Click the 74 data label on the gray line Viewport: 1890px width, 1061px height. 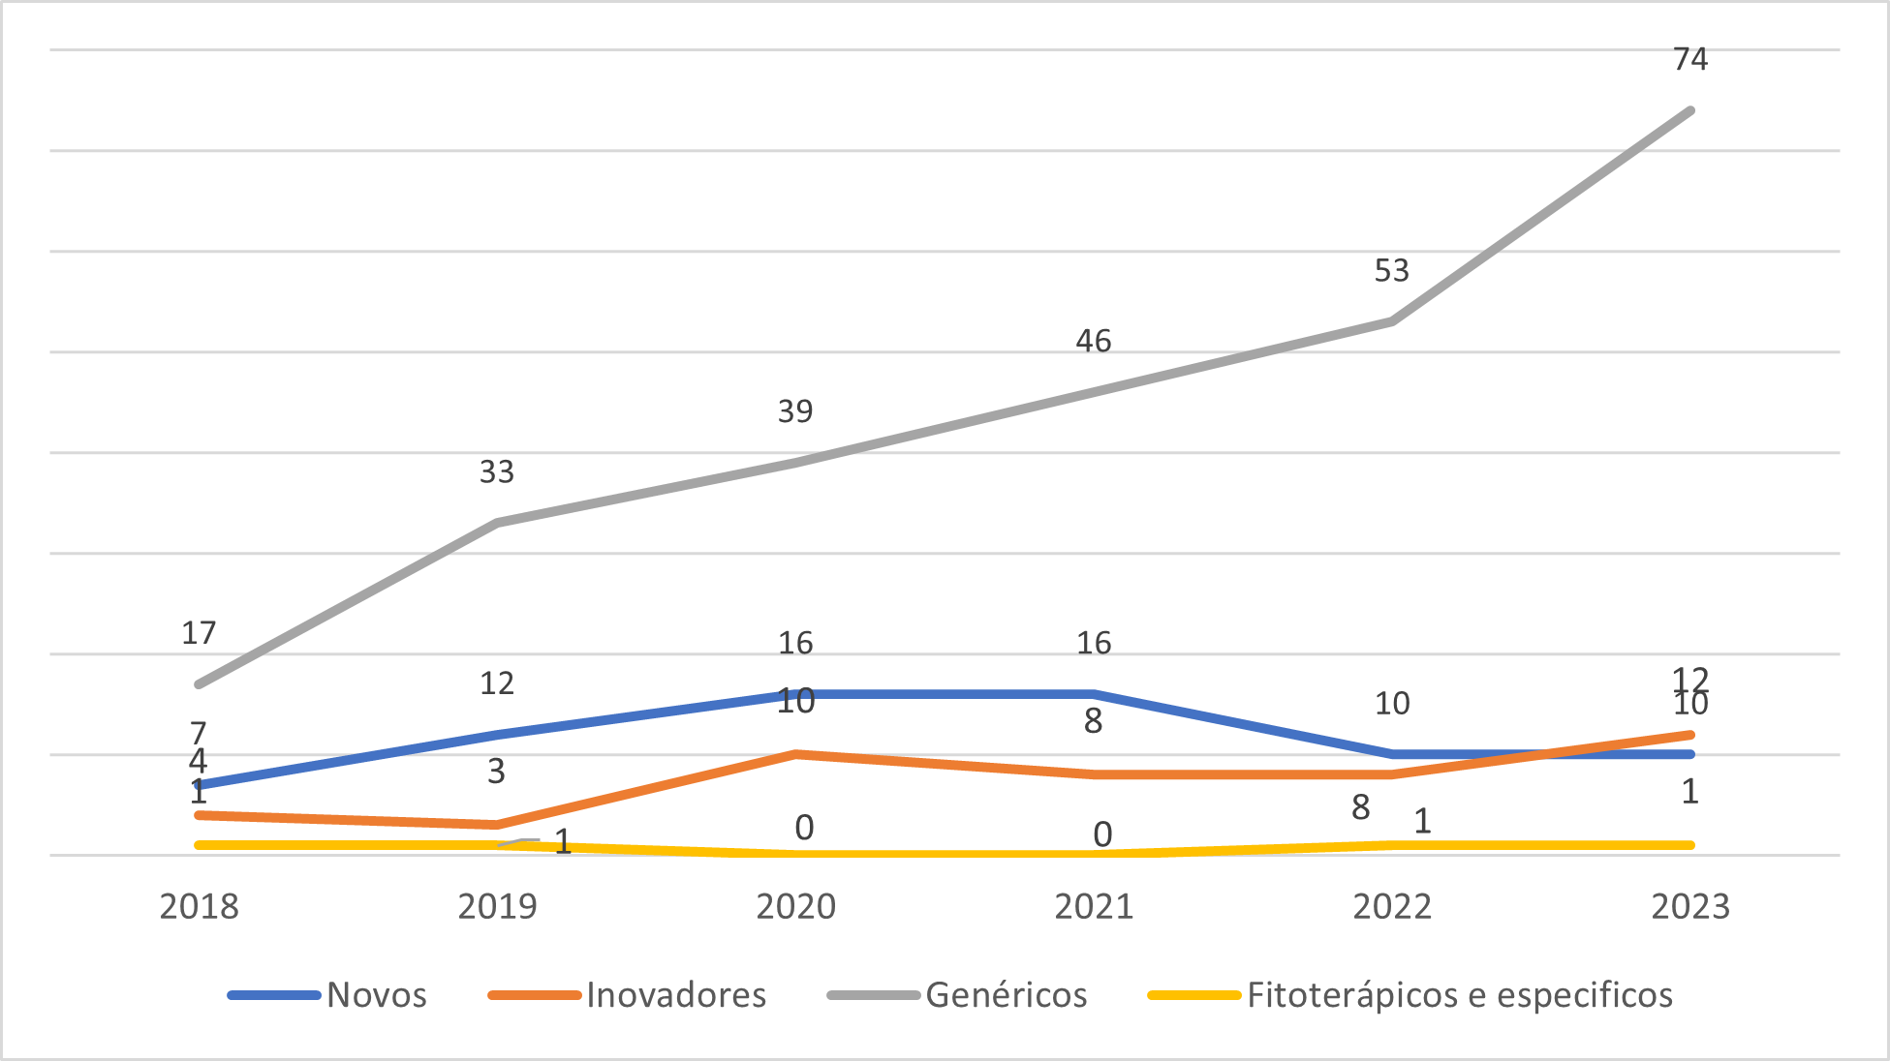pyautogui.click(x=1689, y=59)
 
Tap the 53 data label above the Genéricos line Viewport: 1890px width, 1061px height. pyautogui.click(x=1391, y=270)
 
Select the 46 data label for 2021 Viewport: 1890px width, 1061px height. pyautogui.click(x=1093, y=341)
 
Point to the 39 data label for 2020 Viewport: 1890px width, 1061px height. pyautogui.click(x=794, y=411)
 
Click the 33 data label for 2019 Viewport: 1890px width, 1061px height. pyautogui.click(x=496, y=471)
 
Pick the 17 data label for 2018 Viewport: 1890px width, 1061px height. pyautogui.click(x=199, y=633)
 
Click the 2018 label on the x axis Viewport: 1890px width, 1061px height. pyautogui.click(x=199, y=907)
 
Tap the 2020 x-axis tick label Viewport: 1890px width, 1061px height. pyautogui.click(x=795, y=907)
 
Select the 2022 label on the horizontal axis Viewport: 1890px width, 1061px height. pyautogui.click(x=1392, y=907)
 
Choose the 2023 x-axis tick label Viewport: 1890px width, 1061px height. pyautogui.click(x=1689, y=907)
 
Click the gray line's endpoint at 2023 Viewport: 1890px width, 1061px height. pyautogui.click(x=1690, y=111)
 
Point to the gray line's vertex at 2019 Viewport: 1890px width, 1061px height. pyautogui.click(x=497, y=523)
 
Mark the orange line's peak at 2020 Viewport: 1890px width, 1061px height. pyautogui.click(x=795, y=754)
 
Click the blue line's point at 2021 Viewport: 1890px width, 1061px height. pyautogui.click(x=1094, y=694)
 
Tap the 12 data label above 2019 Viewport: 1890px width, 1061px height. pyautogui.click(x=496, y=683)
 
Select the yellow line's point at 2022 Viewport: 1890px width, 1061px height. pyautogui.click(x=1392, y=845)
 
